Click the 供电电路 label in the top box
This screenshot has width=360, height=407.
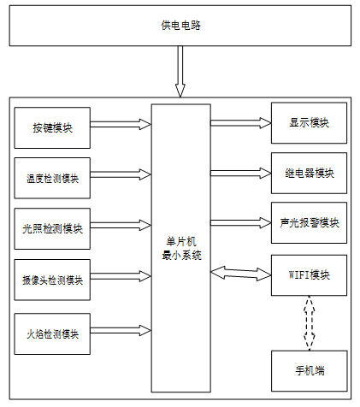[x=180, y=26]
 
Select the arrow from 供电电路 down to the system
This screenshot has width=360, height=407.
[x=180, y=72]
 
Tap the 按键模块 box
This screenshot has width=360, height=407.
[x=52, y=128]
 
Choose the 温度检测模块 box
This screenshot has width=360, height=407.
[x=52, y=178]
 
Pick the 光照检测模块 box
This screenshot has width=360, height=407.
[x=52, y=228]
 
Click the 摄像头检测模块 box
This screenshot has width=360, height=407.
[x=52, y=280]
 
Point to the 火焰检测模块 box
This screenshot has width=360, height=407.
[x=52, y=334]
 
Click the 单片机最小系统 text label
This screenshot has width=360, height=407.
[x=181, y=248]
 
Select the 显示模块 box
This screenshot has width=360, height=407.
[x=309, y=123]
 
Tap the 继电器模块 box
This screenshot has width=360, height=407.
[x=309, y=173]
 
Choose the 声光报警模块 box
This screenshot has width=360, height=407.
[x=309, y=223]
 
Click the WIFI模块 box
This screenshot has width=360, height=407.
[x=309, y=275]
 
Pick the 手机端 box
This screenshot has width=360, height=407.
[x=310, y=371]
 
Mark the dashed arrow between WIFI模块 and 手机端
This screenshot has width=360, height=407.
[x=310, y=323]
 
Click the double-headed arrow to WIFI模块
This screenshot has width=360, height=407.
[x=241, y=274]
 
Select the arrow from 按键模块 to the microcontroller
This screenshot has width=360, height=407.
[x=121, y=124]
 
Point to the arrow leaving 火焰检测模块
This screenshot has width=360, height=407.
[x=121, y=331]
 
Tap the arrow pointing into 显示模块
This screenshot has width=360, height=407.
[x=241, y=123]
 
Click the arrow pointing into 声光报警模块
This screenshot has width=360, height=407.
[x=241, y=223]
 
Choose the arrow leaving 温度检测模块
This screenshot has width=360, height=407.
[x=121, y=174]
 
